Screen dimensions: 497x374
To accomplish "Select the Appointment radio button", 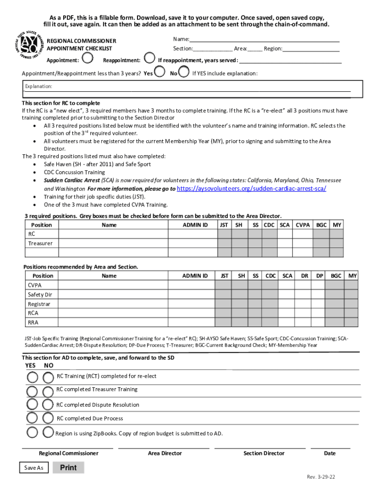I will pyautogui.click(x=87, y=59).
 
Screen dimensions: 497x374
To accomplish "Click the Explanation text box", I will pyautogui.click(x=192, y=89).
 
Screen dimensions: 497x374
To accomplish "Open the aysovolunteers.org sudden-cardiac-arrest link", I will pyautogui.click(x=252, y=188).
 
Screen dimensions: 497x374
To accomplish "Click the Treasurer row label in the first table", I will pyautogui.click(x=40, y=243).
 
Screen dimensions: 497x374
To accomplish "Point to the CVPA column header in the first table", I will pyautogui.click(x=303, y=225).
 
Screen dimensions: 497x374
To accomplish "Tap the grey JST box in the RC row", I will pyautogui.click(x=224, y=234).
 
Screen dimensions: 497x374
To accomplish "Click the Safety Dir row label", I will pyautogui.click(x=40, y=295).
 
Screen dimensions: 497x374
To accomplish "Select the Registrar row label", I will pyautogui.click(x=39, y=304).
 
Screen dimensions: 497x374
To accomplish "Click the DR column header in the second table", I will pyautogui.click(x=305, y=276).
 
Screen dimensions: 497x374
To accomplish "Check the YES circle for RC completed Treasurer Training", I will pyautogui.click(x=32, y=391).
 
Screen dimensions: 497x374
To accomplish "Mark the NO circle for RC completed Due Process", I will pyautogui.click(x=48, y=418).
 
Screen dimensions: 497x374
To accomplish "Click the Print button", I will pyautogui.click(x=68, y=468).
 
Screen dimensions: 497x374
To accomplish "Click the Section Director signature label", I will pyautogui.click(x=264, y=453).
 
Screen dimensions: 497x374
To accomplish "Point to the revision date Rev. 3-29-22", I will pyautogui.click(x=321, y=477).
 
